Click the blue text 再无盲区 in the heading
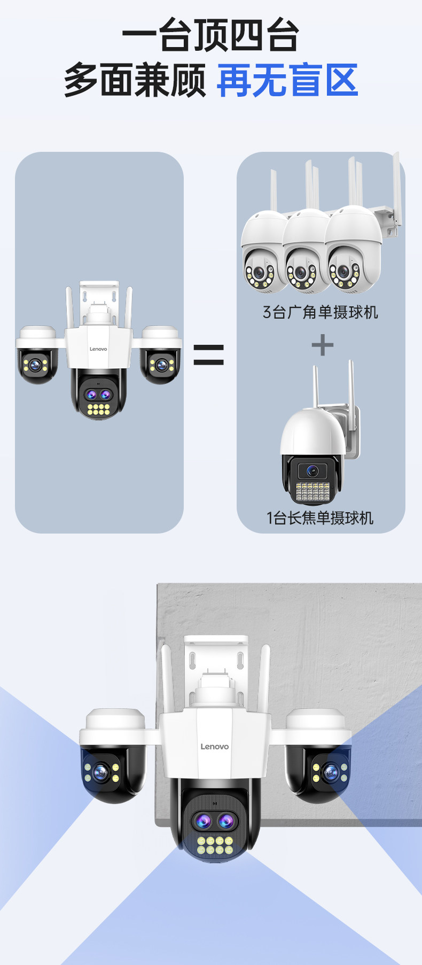pyautogui.click(x=287, y=81)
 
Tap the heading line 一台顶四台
pyautogui.click(x=210, y=35)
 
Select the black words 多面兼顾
pyautogui.click(x=135, y=81)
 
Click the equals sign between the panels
pyautogui.click(x=208, y=354)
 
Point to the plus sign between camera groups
pyautogui.click(x=322, y=345)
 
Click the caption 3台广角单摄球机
pyautogui.click(x=321, y=312)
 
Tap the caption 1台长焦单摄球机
pyautogui.click(x=321, y=518)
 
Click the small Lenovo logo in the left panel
pyautogui.click(x=98, y=349)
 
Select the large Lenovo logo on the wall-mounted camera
pyautogui.click(x=214, y=746)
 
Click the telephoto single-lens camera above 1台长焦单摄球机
pyautogui.click(x=315, y=454)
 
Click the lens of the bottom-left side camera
pyautogui.click(x=100, y=771)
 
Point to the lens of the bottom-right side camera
pyautogui.click(x=331, y=771)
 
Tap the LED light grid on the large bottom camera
pyautogui.click(x=215, y=845)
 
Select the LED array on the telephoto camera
pyautogui.click(x=312, y=491)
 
